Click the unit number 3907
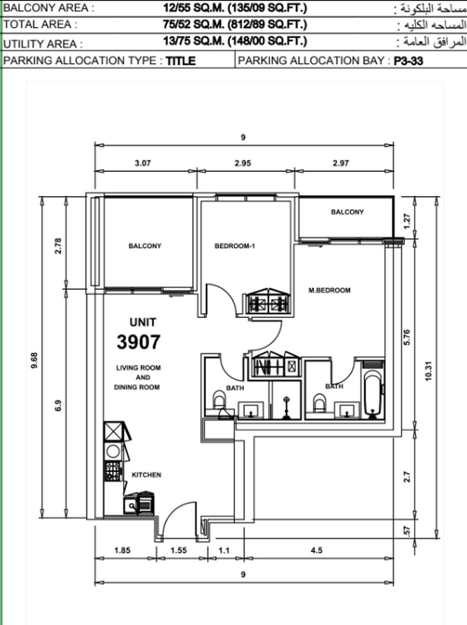click(x=139, y=342)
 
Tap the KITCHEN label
click(x=146, y=475)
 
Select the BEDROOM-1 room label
click(x=235, y=246)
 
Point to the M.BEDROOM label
click(x=329, y=290)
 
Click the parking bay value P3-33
click(x=408, y=61)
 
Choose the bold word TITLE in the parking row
click(x=181, y=61)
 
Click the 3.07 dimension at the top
click(x=143, y=164)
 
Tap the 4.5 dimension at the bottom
click(x=317, y=550)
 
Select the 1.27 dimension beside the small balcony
click(x=407, y=221)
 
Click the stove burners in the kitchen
click(x=113, y=471)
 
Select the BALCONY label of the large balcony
click(x=145, y=246)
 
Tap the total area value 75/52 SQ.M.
click(x=194, y=24)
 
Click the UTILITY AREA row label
click(x=43, y=44)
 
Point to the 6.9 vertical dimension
click(x=58, y=405)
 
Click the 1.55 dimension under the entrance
click(x=178, y=550)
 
